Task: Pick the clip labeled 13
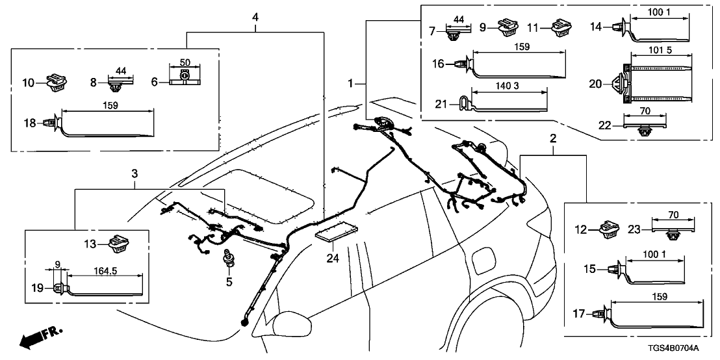119,244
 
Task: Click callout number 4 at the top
255,16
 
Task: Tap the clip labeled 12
610,228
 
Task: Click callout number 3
135,174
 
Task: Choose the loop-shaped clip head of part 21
463,102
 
